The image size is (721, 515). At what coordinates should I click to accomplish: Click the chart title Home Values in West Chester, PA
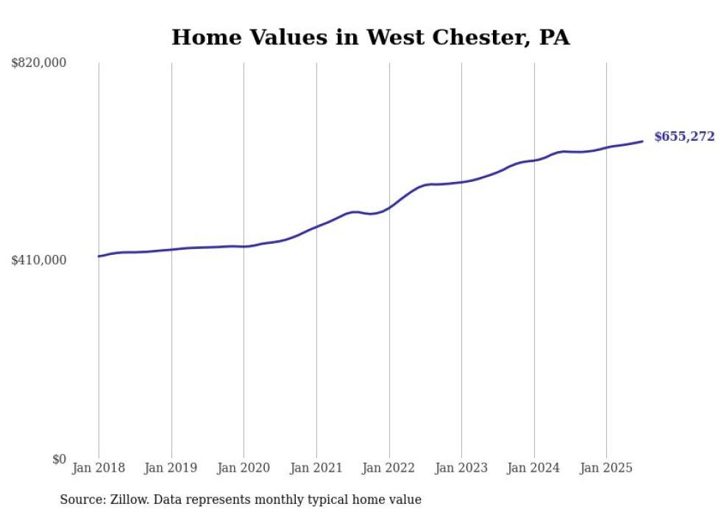click(x=370, y=38)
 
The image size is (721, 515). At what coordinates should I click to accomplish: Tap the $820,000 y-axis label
click(x=39, y=63)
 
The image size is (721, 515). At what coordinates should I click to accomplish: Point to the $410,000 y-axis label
click(x=39, y=260)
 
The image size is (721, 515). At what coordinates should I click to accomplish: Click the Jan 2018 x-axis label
click(x=99, y=468)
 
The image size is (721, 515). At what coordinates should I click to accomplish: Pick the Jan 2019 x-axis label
click(x=171, y=468)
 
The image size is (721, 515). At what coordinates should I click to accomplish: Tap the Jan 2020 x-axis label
click(x=244, y=468)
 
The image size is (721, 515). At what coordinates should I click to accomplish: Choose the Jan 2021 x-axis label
click(x=316, y=468)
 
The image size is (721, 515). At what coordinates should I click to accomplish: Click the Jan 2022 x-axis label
click(x=389, y=468)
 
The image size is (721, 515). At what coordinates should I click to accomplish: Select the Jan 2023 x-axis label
click(x=461, y=468)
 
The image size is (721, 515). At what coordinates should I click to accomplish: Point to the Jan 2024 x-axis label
click(x=534, y=468)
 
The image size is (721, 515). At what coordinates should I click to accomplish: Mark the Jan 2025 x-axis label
click(x=606, y=468)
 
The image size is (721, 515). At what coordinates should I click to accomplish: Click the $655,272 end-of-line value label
click(x=684, y=136)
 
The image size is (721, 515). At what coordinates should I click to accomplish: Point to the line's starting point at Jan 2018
click(x=99, y=256)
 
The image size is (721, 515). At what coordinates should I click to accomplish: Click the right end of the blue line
click(x=643, y=141)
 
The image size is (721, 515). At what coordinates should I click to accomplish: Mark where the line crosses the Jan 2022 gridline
click(x=389, y=208)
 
